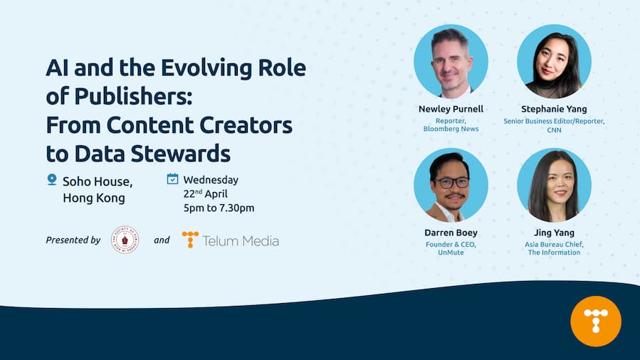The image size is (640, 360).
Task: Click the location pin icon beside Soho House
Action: pos(51,180)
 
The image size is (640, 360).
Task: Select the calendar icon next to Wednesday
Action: pos(172,179)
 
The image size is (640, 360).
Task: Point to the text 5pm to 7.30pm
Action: pos(219,208)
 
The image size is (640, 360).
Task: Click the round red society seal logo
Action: pos(125,240)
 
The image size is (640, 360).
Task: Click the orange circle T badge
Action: pos(596,321)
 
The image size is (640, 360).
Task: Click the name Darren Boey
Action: pos(451,233)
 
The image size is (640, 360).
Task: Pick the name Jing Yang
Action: pos(554,233)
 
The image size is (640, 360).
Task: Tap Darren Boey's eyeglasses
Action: pos(451,182)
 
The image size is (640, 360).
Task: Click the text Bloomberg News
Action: pos(451,129)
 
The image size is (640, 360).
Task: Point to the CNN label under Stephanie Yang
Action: pos(554,129)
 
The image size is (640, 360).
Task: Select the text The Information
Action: pos(554,253)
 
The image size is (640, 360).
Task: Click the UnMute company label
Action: pos(451,253)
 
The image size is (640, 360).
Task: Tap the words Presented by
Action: pos(73,240)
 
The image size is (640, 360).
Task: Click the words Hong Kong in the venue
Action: pos(93,198)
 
